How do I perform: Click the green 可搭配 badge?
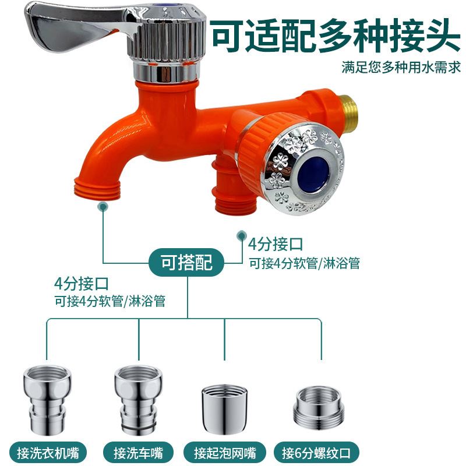tap(187, 263)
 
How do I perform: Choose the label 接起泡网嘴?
tap(225, 451)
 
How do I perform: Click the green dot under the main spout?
tap(103, 206)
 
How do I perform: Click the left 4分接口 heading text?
tap(82, 285)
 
